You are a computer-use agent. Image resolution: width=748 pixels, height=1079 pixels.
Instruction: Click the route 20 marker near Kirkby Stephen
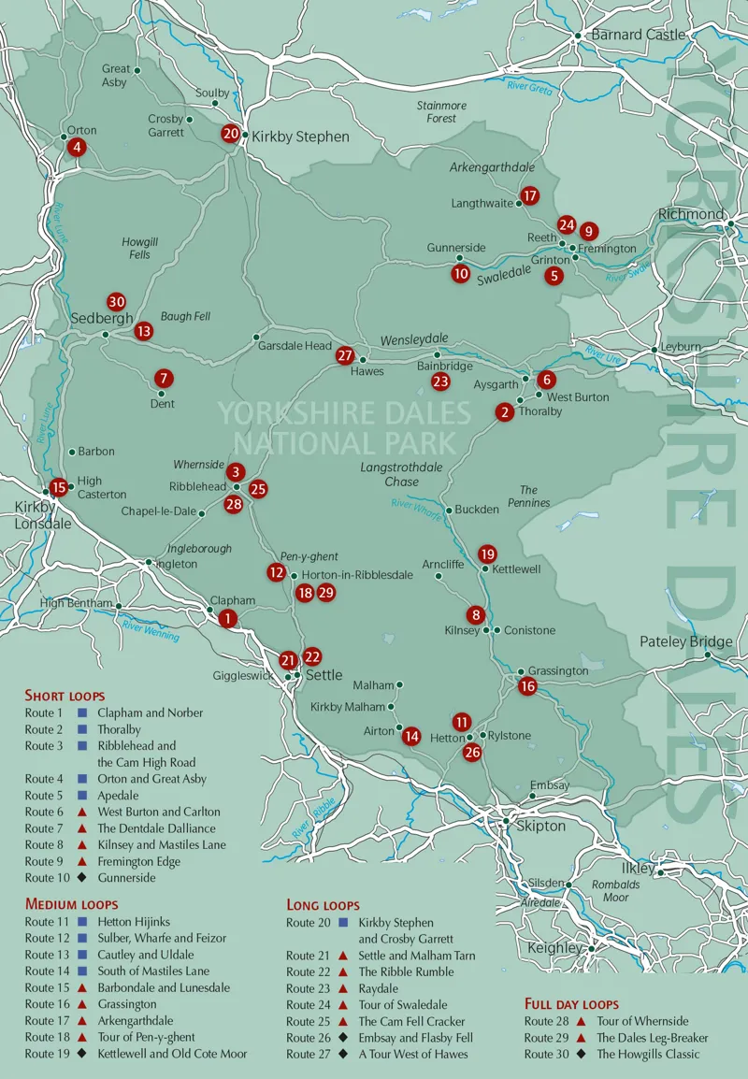tap(231, 134)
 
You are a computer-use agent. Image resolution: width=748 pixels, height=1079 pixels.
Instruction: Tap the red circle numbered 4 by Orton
tap(77, 147)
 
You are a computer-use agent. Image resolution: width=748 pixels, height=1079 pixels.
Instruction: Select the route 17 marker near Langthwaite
tap(530, 195)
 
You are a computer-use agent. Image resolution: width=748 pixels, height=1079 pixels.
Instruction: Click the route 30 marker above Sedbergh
tap(116, 301)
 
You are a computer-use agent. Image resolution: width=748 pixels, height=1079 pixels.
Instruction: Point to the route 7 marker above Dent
tap(164, 379)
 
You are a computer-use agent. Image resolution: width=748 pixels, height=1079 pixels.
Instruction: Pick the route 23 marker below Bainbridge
tap(440, 381)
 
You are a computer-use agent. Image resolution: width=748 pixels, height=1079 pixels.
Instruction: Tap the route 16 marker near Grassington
tap(527, 686)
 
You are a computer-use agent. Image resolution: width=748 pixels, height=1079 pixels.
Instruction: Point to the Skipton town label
tap(540, 827)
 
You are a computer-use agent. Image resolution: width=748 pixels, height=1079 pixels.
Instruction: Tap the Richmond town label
tap(691, 214)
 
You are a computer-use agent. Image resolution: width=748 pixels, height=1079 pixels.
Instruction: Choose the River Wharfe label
tap(415, 506)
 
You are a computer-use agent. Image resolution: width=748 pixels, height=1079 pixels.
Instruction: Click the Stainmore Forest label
tap(441, 112)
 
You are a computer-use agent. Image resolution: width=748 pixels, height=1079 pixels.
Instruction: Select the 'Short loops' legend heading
tap(65, 696)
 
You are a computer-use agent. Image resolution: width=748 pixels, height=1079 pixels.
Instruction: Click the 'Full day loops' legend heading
tap(571, 1004)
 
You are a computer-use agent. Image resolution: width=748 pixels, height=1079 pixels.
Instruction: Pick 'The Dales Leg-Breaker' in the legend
tap(653, 1038)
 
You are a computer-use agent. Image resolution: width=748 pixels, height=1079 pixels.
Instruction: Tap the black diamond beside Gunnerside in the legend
tap(82, 878)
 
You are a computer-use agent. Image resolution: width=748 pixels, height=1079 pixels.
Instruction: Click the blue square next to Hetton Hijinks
tap(82, 922)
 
